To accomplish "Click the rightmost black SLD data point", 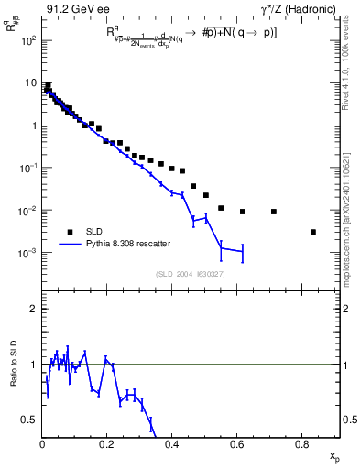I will pyautogui.click(x=313, y=232).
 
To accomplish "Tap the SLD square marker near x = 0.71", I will pyautogui.click(x=274, y=212).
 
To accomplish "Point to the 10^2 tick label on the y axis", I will pyautogui.click(x=28, y=40).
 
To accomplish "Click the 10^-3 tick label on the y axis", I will pyautogui.click(x=28, y=252).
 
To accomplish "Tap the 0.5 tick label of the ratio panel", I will pyautogui.click(x=30, y=420).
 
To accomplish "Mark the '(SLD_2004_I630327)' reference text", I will pyautogui.click(x=191, y=274).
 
